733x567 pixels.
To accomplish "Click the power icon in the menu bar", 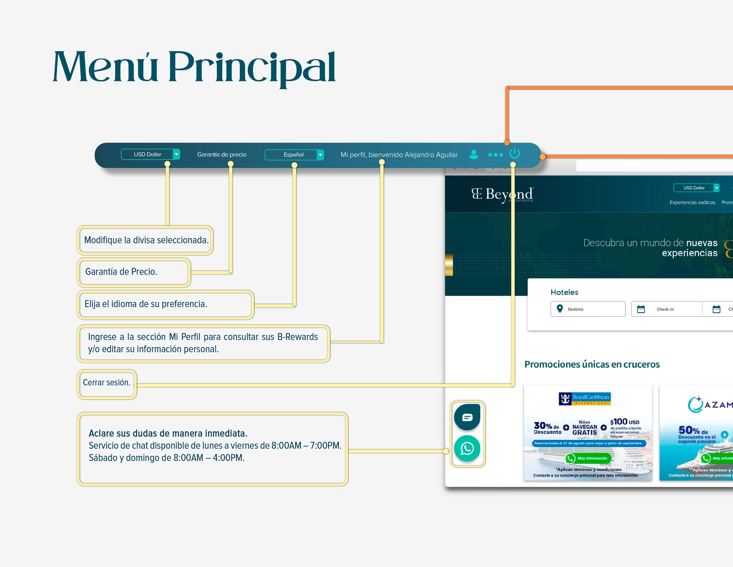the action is coord(514,153).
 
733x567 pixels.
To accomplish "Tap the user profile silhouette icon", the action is coord(474,155).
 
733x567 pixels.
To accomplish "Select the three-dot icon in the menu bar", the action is coord(495,155).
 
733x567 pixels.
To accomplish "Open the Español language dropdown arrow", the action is coord(321,155).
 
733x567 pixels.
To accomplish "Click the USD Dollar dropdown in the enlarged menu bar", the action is coord(150,155).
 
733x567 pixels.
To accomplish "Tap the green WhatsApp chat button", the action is coord(467,448).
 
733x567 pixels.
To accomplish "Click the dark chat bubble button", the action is coord(467,417).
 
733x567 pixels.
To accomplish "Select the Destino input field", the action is coord(588,309).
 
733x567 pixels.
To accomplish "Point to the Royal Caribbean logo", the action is coord(584,399).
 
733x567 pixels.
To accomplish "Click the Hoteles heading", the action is coord(564,292).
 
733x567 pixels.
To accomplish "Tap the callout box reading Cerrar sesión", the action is coord(107,383).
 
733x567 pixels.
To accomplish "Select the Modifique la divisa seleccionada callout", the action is coord(146,240).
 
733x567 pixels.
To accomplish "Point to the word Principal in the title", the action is coord(252,67).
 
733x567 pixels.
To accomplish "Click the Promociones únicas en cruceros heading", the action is coord(592,364).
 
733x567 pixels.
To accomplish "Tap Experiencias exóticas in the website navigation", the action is coord(692,203).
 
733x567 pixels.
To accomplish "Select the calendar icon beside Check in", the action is coord(641,309).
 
